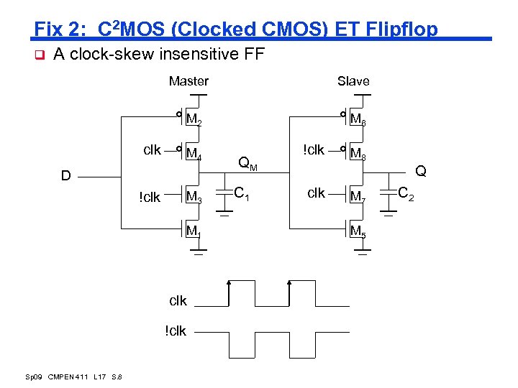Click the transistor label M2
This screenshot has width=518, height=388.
194,119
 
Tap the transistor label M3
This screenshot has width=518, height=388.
194,197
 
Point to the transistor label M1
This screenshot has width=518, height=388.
193,231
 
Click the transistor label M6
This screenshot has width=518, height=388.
358,119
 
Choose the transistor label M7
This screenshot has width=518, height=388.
358,197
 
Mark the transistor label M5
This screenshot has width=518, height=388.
358,231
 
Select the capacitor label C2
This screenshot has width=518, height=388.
406,193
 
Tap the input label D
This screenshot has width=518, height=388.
65,176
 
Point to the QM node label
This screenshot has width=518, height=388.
247,165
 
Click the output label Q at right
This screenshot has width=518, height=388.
420,171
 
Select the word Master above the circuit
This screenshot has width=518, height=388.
188,81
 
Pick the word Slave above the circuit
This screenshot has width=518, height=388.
353,81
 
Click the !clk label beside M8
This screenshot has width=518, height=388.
314,149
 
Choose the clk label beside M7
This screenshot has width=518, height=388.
317,193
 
